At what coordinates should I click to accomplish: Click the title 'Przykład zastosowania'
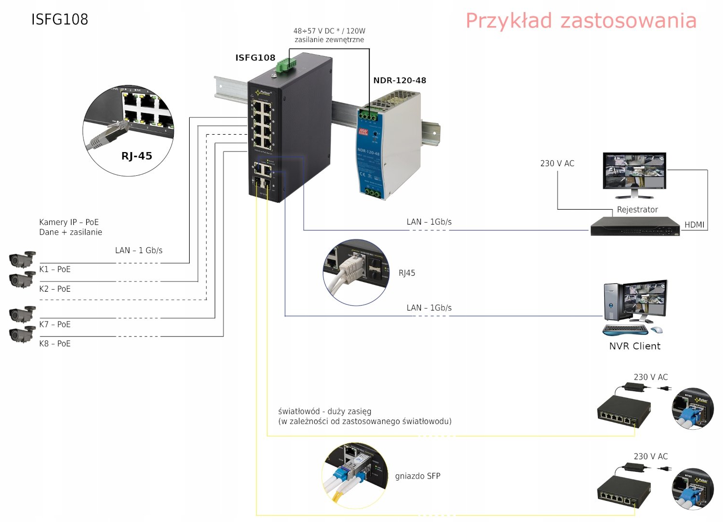[581, 21]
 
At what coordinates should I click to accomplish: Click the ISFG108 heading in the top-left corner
[59, 19]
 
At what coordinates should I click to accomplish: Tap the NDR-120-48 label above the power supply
[399, 81]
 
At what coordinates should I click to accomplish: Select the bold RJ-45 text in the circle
[137, 156]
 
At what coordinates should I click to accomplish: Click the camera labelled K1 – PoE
[22, 259]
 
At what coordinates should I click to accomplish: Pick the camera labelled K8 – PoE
[22, 334]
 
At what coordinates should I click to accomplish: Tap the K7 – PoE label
[55, 324]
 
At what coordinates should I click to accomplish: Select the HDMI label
[694, 225]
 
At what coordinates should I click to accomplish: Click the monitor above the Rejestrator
[634, 174]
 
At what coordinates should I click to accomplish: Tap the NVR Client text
[634, 346]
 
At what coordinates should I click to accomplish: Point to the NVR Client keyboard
[625, 330]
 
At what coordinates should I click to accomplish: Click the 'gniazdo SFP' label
[418, 476]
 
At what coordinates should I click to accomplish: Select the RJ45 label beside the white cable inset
[406, 273]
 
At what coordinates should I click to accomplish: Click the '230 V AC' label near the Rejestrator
[557, 164]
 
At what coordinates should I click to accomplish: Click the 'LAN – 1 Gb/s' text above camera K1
[139, 250]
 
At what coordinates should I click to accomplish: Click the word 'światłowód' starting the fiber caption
[299, 411]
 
